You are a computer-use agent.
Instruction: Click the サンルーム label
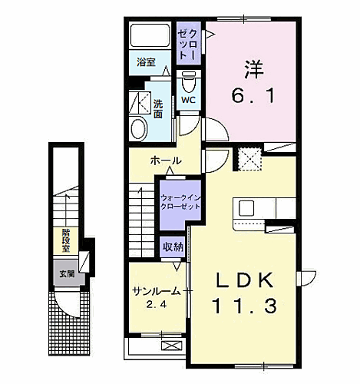coord(156,291)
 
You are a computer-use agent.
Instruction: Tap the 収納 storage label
coord(172,247)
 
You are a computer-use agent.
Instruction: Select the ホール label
coord(167,161)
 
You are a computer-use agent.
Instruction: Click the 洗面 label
coord(157,108)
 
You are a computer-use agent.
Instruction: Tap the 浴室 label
coord(147,64)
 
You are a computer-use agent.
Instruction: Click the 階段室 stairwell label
coord(66,240)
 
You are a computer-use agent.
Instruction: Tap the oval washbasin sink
coord(139,128)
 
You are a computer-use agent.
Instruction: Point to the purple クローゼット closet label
coord(189,45)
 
